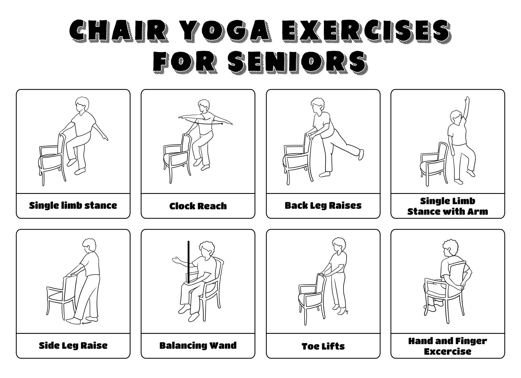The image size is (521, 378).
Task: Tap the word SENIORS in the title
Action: [297, 62]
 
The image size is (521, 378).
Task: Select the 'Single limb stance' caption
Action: [73, 206]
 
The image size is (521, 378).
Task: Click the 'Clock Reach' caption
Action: [198, 206]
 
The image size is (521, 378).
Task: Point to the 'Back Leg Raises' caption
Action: [323, 206]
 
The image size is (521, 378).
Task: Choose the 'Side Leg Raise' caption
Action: [73, 346]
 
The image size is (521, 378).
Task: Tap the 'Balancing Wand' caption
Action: [198, 346]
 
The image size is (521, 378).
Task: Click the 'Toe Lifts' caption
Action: [323, 346]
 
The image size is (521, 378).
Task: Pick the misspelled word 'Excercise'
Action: [447, 351]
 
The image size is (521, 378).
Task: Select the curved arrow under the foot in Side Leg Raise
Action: [86, 322]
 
